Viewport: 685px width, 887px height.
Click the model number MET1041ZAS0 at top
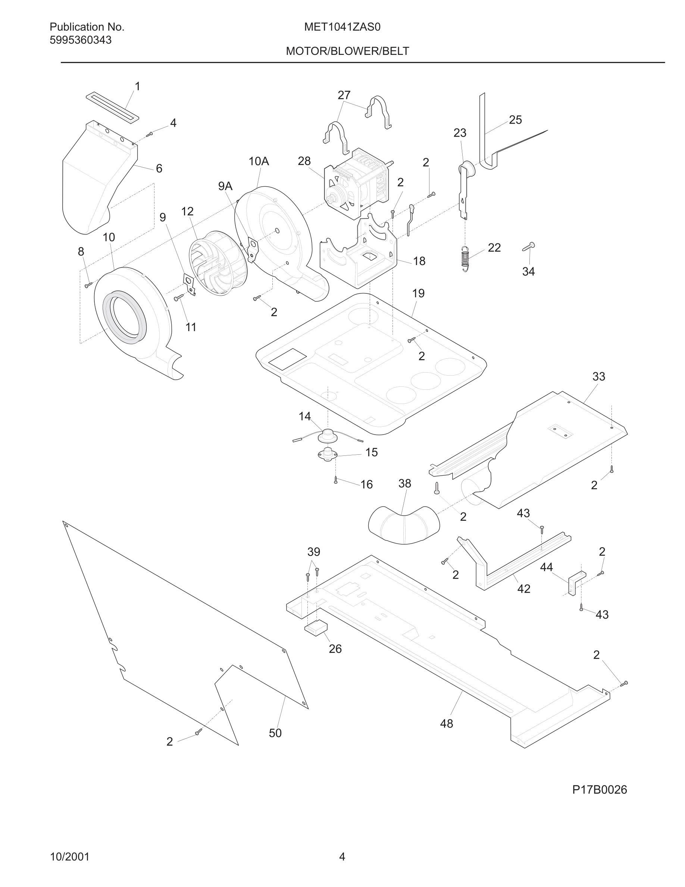(342, 27)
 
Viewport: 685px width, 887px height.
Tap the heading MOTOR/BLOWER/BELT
(347, 51)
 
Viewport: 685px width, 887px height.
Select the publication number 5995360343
(80, 40)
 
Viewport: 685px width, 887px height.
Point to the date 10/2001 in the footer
(69, 856)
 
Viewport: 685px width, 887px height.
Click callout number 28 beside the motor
(304, 161)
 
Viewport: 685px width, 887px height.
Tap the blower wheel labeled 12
(218, 262)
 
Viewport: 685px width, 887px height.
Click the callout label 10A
(259, 161)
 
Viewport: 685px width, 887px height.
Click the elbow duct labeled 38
(404, 524)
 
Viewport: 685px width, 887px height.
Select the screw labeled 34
(528, 246)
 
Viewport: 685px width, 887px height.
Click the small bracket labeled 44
(577, 582)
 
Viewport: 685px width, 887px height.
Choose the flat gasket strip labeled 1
(112, 106)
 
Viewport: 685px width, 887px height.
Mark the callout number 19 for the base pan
(418, 293)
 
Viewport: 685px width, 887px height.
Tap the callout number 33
(598, 376)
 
